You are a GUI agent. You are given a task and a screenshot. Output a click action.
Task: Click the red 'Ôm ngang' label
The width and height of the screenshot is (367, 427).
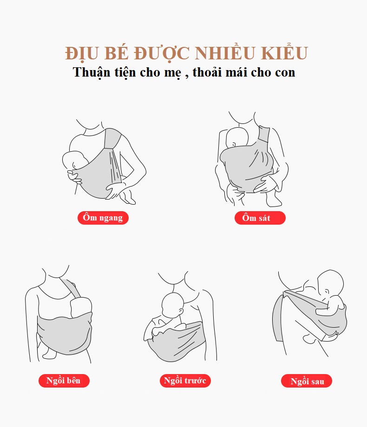(x=103, y=218)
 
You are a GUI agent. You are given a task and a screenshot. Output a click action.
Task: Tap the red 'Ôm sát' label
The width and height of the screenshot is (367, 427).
(x=260, y=218)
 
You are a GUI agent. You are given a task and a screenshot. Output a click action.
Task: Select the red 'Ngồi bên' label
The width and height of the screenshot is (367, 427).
(x=64, y=381)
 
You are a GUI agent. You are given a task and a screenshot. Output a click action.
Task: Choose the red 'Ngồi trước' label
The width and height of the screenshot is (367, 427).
(x=185, y=381)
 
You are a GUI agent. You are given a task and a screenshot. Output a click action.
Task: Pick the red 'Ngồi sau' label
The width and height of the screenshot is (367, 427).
(x=307, y=381)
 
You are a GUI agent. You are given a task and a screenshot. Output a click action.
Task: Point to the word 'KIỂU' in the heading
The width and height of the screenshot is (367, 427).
(x=284, y=53)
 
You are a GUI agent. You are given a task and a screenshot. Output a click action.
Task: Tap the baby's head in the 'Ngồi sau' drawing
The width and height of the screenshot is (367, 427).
(x=330, y=283)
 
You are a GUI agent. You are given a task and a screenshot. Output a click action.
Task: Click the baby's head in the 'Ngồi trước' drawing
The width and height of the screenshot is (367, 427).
(x=173, y=305)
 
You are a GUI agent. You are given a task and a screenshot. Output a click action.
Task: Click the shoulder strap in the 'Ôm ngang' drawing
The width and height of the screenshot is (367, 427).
(x=112, y=139)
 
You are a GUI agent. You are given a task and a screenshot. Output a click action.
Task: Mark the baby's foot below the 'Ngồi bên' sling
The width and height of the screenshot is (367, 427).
(x=50, y=353)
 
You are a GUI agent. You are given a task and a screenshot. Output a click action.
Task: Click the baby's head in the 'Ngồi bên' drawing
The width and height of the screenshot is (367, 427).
(x=81, y=307)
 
